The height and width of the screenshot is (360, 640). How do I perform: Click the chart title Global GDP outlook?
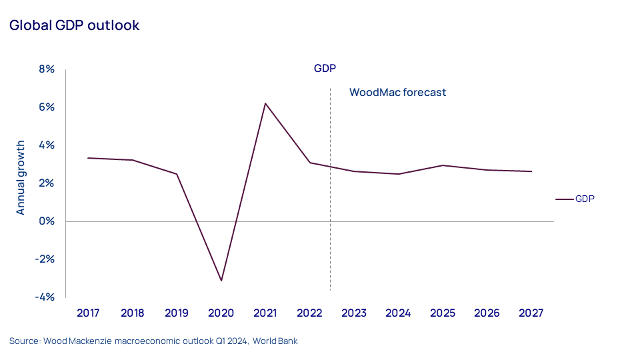click(x=74, y=25)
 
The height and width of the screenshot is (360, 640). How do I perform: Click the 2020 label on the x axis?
click(x=221, y=313)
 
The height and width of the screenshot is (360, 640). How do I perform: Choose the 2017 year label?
click(x=88, y=313)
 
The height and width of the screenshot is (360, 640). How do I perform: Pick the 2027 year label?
click(x=531, y=313)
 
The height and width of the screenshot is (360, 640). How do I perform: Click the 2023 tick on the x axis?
click(x=354, y=313)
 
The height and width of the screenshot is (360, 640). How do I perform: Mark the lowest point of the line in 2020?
click(x=221, y=281)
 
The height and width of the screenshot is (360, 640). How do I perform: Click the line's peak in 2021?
click(x=265, y=103)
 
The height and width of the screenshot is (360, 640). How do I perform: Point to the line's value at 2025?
click(x=443, y=165)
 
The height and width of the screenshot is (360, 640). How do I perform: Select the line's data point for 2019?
click(x=177, y=174)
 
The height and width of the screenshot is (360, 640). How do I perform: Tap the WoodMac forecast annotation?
click(x=397, y=93)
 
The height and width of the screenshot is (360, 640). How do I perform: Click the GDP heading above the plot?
click(x=325, y=69)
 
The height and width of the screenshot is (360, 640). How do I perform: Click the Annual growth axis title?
click(x=21, y=177)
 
